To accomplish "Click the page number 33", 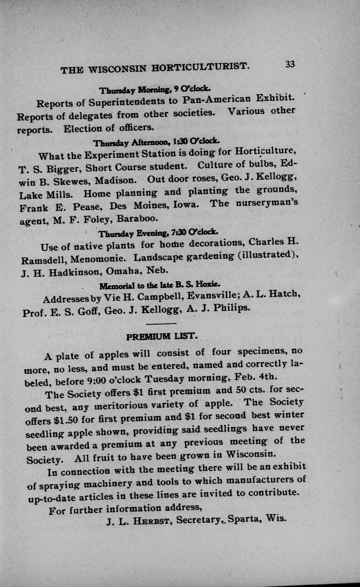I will pos(290,64).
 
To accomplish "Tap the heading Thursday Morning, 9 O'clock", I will pos(154,90).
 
